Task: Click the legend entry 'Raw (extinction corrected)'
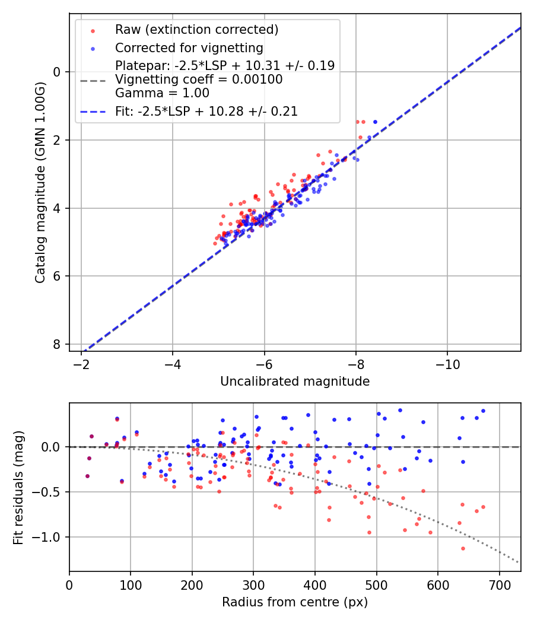196,30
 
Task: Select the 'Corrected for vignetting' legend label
189,47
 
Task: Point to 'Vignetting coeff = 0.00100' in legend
199,80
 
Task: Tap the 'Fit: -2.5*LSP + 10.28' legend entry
206,111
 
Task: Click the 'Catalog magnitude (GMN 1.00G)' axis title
40,182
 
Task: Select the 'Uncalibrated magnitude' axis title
295,382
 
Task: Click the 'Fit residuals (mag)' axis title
18,488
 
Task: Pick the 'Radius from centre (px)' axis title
295,602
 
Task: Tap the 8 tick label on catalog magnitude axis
58,345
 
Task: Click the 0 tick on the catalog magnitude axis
58,72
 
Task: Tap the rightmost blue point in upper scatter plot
375,122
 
